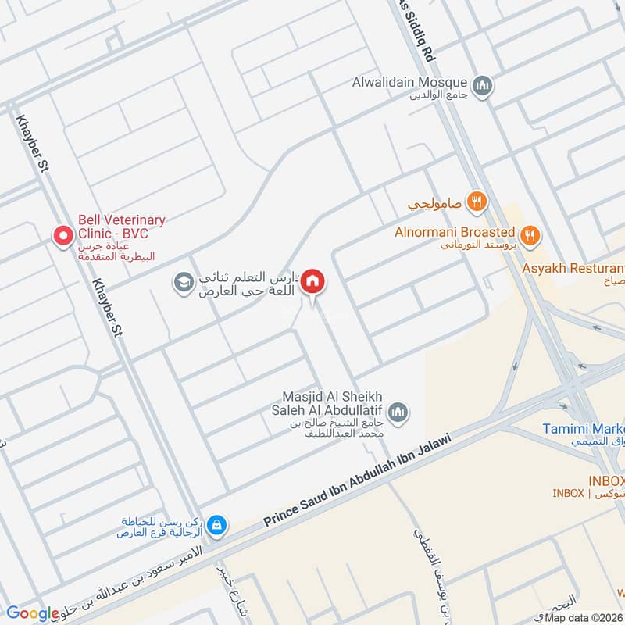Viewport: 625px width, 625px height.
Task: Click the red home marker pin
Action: click(x=313, y=280)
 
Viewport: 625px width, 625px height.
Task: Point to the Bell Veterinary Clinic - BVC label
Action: click(x=120, y=227)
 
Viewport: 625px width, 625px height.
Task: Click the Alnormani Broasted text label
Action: click(x=455, y=232)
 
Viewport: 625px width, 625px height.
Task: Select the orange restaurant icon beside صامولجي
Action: click(x=477, y=203)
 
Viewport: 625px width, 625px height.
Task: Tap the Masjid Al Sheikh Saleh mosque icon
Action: click(x=398, y=411)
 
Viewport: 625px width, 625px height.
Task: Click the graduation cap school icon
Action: click(x=184, y=280)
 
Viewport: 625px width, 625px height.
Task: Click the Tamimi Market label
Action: click(x=584, y=430)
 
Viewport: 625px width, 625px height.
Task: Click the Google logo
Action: click(x=33, y=613)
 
